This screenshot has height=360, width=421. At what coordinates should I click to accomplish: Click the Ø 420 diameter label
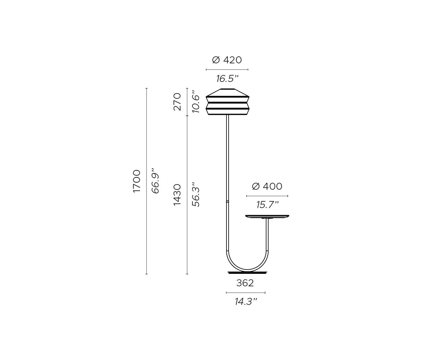tap(227, 60)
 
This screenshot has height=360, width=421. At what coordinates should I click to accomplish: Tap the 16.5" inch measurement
tap(227, 79)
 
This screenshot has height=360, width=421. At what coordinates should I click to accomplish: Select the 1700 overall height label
tap(137, 181)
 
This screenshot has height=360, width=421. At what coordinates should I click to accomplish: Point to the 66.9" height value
tap(155, 181)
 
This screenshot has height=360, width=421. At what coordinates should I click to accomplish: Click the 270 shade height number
tap(177, 102)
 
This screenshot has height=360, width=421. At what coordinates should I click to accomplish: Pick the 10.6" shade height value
tap(196, 102)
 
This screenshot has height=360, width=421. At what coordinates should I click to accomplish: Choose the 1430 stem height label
tap(177, 195)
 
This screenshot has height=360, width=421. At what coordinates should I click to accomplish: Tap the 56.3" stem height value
tap(196, 194)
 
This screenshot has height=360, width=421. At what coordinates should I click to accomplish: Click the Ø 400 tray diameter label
tap(267, 186)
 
